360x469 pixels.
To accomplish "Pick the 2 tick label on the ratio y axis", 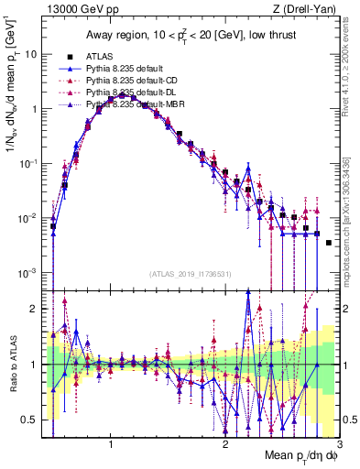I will [34, 309].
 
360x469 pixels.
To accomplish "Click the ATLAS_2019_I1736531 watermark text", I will [190, 273].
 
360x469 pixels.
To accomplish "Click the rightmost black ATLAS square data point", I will [329, 243].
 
